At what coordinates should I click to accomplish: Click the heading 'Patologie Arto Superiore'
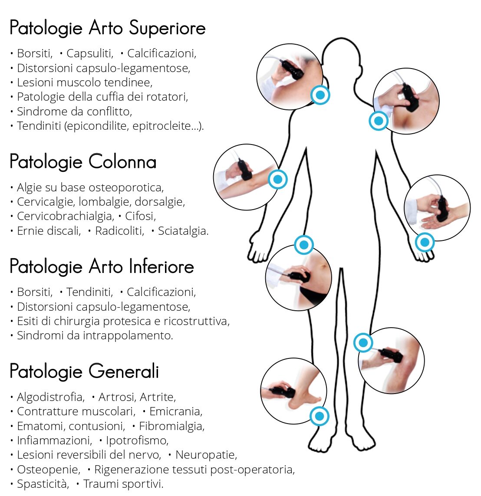click(108, 28)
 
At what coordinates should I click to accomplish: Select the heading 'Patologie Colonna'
click(83, 161)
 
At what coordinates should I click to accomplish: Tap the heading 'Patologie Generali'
click(84, 371)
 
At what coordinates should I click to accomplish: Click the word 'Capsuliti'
click(89, 53)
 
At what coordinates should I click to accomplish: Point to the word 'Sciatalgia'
click(183, 231)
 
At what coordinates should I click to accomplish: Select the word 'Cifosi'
click(141, 216)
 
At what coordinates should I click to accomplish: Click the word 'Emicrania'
click(176, 411)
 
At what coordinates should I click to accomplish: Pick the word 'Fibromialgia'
click(172, 426)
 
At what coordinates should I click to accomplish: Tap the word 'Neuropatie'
click(206, 455)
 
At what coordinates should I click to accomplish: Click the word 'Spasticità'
click(43, 484)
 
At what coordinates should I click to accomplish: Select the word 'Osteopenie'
click(49, 470)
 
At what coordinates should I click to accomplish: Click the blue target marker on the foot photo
click(320, 416)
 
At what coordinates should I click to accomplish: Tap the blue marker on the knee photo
click(363, 342)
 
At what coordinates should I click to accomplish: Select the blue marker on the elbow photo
click(277, 179)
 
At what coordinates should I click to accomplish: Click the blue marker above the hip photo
click(304, 245)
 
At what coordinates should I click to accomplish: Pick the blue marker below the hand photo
click(425, 242)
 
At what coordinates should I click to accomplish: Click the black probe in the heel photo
click(280, 392)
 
